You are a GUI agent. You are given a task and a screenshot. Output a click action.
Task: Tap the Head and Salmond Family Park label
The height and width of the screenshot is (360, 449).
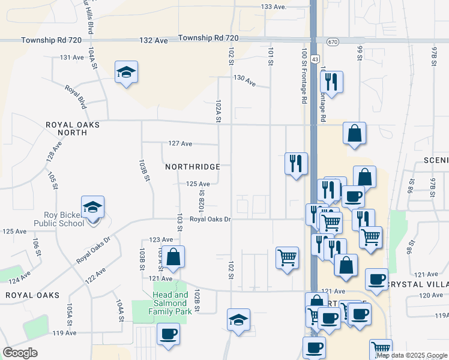click(x=170, y=303)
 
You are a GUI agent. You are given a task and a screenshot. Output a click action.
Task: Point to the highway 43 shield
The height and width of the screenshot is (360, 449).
click(x=315, y=59)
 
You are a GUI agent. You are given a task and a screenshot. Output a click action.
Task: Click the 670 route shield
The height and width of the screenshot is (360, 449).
click(x=333, y=41)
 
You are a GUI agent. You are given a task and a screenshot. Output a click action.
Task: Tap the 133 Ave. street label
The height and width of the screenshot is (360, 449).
click(x=274, y=7)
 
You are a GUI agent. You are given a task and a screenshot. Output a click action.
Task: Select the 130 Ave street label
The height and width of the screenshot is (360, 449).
click(x=244, y=81)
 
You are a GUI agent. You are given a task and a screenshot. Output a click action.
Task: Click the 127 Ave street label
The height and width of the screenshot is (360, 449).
click(x=180, y=144)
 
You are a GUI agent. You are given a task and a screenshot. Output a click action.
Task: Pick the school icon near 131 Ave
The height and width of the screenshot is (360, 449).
click(x=127, y=73)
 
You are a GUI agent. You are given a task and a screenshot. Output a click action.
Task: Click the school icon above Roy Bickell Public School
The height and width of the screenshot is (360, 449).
click(x=93, y=208)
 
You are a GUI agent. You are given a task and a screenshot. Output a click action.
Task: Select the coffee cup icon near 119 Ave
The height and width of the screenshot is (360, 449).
click(x=168, y=334)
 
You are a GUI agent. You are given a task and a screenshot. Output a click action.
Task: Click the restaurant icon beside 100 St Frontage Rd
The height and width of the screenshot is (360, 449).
click(x=296, y=164)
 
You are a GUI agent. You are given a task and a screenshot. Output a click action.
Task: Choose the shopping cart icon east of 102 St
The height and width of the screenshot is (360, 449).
click(x=288, y=258)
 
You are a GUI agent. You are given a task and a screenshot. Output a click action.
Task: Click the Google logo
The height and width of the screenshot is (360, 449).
click(x=20, y=353)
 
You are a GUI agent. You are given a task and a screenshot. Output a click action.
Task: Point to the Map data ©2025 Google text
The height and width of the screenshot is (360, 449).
click(x=411, y=355)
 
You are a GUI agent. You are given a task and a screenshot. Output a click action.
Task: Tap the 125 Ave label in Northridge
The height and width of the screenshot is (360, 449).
click(x=197, y=184)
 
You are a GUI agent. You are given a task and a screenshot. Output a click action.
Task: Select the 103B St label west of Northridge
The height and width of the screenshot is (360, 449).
click(x=143, y=171)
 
